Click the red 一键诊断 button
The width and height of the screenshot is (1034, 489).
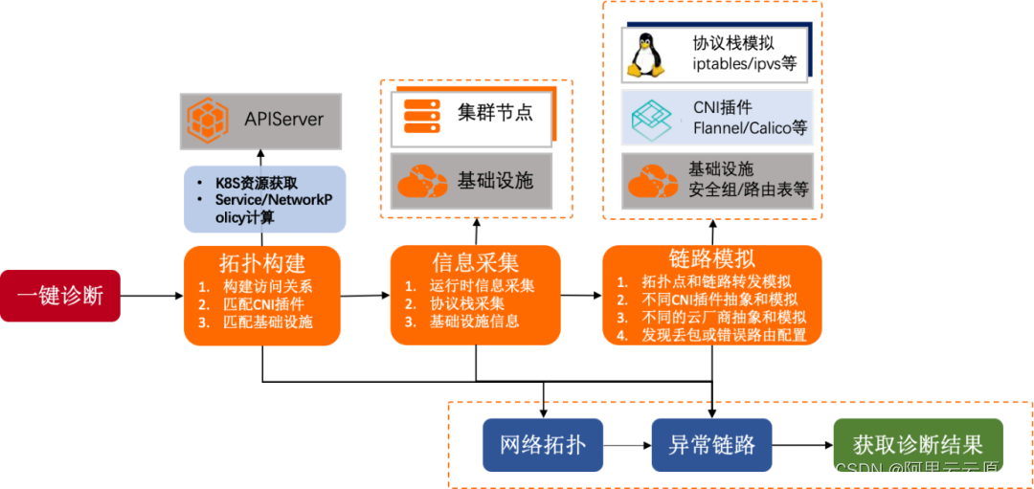coord(60,295)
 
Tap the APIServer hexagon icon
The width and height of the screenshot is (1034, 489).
coord(208,121)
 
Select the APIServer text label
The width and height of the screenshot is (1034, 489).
coord(284,120)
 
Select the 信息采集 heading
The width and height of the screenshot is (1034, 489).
coord(476,261)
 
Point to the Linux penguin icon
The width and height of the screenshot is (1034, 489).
coord(645,55)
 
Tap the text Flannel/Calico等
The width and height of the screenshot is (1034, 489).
coord(750,128)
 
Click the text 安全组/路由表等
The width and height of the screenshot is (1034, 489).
coord(748,189)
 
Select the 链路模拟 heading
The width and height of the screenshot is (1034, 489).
coord(711,257)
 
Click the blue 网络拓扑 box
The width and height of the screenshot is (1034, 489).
coord(543,444)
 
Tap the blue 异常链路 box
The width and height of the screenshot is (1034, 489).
coord(711,444)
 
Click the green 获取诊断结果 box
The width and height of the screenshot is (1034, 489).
coord(917,444)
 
